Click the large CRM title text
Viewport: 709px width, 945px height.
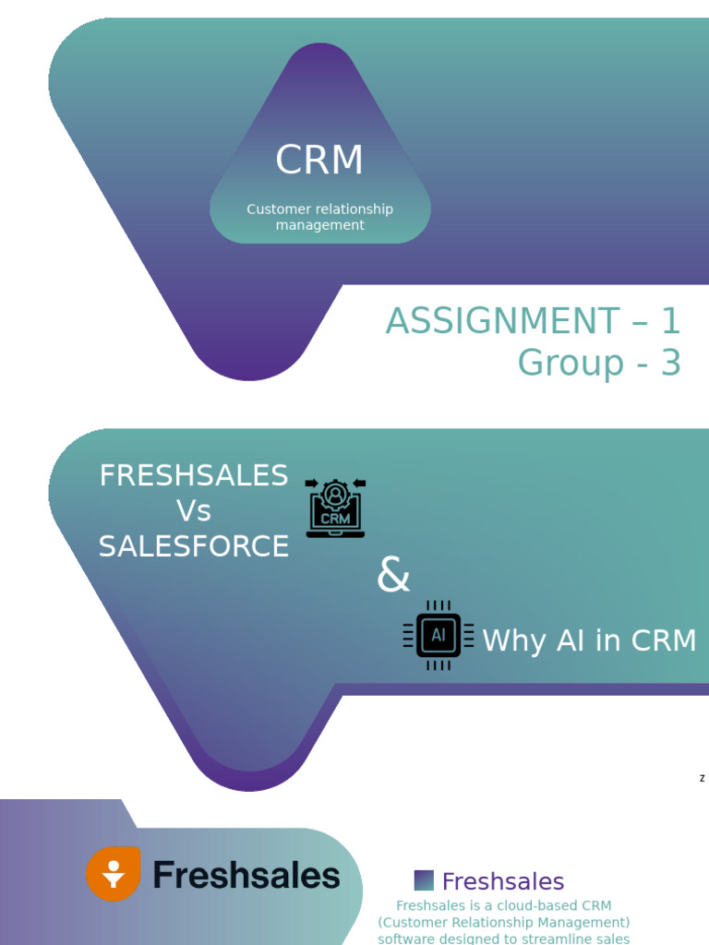point(319,161)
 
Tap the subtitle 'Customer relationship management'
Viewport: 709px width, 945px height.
point(319,217)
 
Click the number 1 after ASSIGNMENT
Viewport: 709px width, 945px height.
point(669,321)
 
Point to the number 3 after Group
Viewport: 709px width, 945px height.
point(670,363)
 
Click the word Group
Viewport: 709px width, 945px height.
point(571,363)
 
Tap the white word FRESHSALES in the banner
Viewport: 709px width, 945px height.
point(194,476)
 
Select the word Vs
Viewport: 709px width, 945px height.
point(194,511)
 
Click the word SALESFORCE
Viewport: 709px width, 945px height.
point(194,546)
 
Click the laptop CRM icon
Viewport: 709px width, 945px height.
point(335,508)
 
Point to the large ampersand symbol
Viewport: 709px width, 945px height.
point(393,577)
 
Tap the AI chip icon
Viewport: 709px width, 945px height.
point(439,635)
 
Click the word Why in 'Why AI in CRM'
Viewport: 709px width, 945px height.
point(515,640)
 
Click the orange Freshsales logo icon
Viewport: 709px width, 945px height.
point(114,873)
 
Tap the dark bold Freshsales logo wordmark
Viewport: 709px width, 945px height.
point(246,875)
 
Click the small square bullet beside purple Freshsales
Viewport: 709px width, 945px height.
point(424,880)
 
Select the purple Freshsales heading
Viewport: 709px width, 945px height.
point(503,881)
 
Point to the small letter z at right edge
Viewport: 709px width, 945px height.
point(703,779)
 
